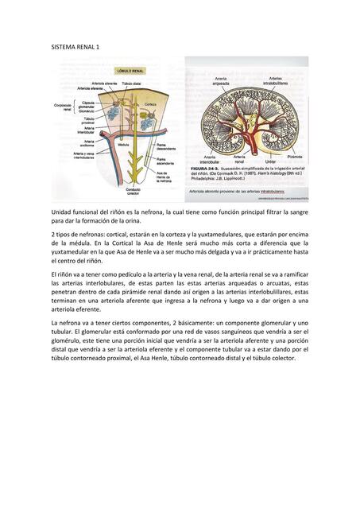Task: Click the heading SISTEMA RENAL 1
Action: click(x=75, y=48)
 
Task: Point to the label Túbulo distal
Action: click(x=133, y=83)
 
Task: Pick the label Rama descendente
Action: click(x=165, y=146)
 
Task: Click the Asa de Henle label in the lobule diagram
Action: click(x=163, y=176)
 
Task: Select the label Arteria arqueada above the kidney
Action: click(x=221, y=81)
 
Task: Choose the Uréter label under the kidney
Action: click(x=270, y=162)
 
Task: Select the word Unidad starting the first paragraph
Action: click(x=61, y=212)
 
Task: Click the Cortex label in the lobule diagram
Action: click(x=150, y=104)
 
